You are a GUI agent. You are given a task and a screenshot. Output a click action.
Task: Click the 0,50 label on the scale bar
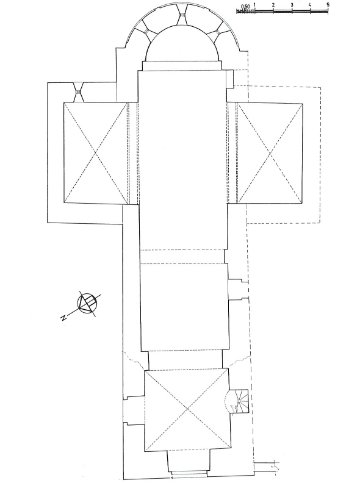click(x=246, y=7)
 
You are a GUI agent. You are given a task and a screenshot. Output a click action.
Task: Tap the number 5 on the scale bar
click(x=328, y=5)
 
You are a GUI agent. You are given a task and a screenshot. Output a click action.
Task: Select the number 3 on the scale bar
click(x=292, y=5)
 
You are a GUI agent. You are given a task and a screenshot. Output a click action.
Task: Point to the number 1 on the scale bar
click(x=255, y=5)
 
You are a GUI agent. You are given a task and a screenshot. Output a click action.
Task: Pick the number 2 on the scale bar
click(x=273, y=5)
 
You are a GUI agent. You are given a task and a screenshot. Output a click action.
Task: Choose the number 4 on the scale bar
click(x=310, y=5)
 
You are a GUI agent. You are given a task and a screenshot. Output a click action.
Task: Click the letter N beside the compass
click(x=64, y=318)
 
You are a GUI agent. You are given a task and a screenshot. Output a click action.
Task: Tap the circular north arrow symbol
click(x=87, y=304)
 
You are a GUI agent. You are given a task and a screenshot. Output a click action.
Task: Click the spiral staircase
click(x=239, y=401)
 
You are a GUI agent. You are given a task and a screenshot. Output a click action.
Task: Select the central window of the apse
click(x=182, y=15)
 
